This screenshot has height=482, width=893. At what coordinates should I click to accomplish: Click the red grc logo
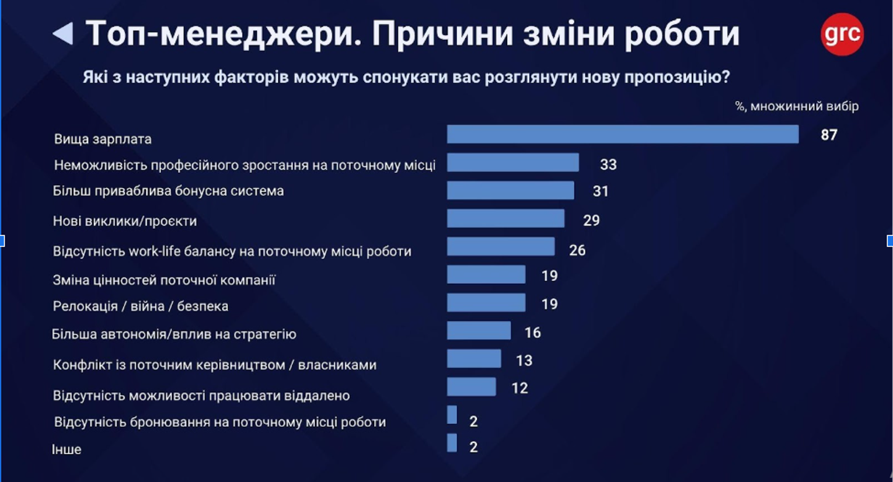coord(842,34)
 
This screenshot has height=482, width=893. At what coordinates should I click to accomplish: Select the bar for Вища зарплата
coord(622,134)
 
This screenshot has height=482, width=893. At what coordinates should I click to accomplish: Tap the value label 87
coord(829,135)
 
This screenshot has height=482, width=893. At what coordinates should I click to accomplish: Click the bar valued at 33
coord(512,163)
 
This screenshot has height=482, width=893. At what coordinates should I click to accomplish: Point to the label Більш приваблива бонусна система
coord(168,191)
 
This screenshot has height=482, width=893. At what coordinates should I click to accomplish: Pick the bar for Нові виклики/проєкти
coord(505,218)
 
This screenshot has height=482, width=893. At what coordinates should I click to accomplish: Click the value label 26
coord(577,250)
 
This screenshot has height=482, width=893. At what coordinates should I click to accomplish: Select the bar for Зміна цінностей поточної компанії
coord(486,274)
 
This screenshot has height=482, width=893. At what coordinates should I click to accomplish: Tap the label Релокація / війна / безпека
coord(140,306)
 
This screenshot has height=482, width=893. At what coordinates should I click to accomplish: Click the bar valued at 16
coord(479,330)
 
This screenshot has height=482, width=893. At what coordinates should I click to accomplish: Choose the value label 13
coord(524,361)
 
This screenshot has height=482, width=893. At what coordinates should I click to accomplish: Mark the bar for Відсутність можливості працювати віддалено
coord(471,386)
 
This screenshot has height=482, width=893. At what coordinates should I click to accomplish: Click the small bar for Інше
coord(452,443)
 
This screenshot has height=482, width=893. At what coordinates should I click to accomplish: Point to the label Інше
coord(67,449)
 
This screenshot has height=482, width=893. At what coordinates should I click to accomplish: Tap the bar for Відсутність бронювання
coord(452,415)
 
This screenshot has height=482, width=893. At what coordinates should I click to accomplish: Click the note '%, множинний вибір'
coord(796,106)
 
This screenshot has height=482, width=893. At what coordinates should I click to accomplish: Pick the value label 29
coord(591,221)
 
